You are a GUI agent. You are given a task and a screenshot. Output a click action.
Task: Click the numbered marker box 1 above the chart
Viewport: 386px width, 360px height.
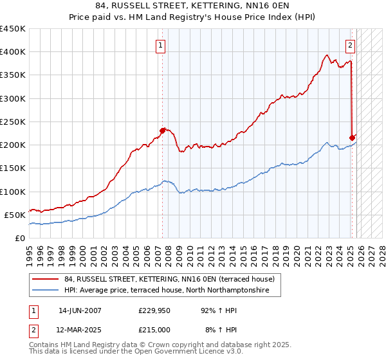tap(160, 45)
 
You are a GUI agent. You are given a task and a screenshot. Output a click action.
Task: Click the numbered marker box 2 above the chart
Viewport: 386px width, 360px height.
tap(350, 45)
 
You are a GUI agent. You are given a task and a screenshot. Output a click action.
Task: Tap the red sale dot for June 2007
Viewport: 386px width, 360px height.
tap(162, 130)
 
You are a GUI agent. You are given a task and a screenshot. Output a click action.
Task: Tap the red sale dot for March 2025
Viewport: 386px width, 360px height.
tap(352, 138)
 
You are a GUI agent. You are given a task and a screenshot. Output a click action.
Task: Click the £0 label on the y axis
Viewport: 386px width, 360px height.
tap(19, 238)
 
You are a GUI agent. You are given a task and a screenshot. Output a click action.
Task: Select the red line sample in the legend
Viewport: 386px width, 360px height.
tap(46, 279)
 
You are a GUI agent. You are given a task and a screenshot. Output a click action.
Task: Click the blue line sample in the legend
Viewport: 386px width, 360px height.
tap(46, 291)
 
